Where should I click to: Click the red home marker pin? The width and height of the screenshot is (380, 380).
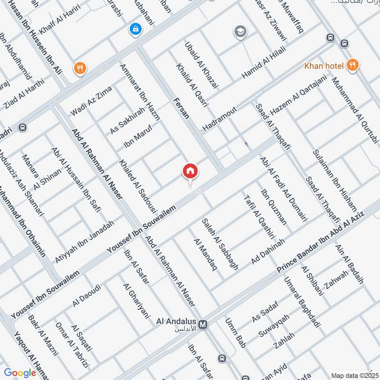point(190,171)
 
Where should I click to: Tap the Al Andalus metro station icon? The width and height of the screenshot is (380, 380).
point(203,324)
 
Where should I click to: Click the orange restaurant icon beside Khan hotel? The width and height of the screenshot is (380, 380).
point(352,65)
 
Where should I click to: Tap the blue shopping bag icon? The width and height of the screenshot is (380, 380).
point(136,29)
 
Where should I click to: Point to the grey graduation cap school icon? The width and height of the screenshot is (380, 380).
point(240,32)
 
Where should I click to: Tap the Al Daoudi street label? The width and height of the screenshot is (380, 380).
point(86,295)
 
